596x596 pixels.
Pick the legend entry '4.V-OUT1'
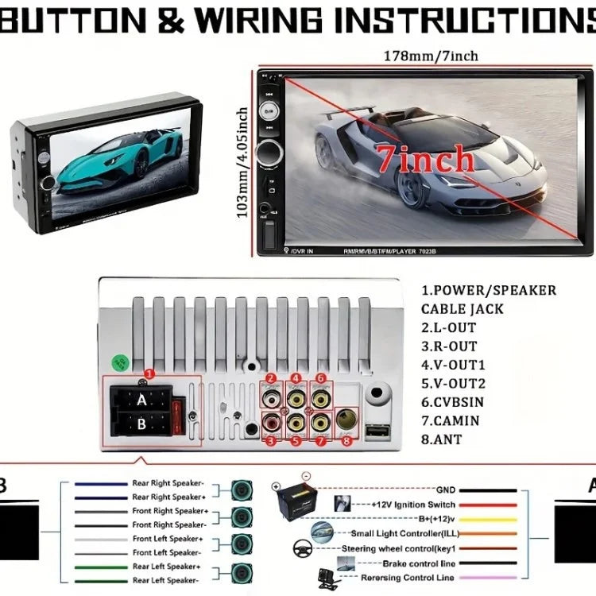coord(453,366)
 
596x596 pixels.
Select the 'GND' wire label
coord(446,490)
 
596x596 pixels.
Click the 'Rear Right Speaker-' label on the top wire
coord(169,483)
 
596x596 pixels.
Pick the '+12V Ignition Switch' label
coord(413,505)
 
